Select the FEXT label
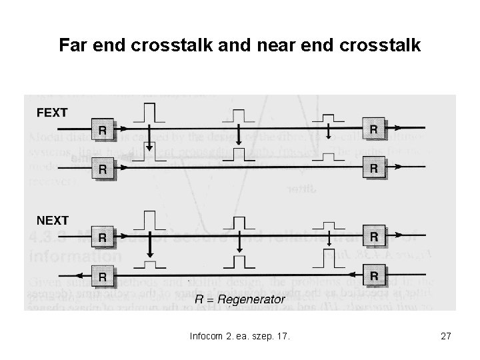click(x=52, y=113)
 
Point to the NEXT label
click(x=52, y=219)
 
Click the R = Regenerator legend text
click(x=239, y=299)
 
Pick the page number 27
click(x=446, y=337)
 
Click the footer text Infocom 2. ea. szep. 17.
click(x=239, y=337)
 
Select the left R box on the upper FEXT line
click(x=102, y=130)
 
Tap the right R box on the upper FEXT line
click(x=374, y=128)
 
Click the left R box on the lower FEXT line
click(x=102, y=169)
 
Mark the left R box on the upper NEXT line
click(x=102, y=237)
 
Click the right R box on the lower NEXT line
click(x=374, y=275)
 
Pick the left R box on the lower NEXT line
click(x=102, y=275)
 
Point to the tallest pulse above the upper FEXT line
click(x=149, y=113)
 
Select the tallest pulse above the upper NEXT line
click(x=149, y=219)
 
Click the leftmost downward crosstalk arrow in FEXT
click(x=150, y=139)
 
